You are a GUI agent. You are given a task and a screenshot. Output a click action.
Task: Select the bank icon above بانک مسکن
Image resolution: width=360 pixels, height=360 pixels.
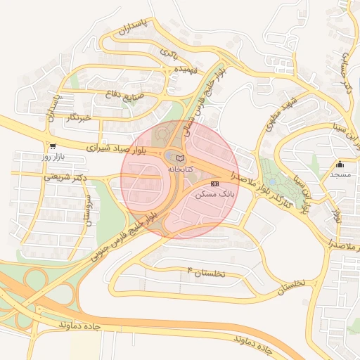pyautogui.click(x=214, y=183)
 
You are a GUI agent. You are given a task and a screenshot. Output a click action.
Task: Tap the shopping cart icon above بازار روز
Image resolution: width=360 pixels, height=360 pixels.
pyautogui.click(x=53, y=146)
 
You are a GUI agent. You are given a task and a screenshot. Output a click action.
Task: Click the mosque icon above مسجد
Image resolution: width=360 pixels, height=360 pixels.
pyautogui.click(x=340, y=163)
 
